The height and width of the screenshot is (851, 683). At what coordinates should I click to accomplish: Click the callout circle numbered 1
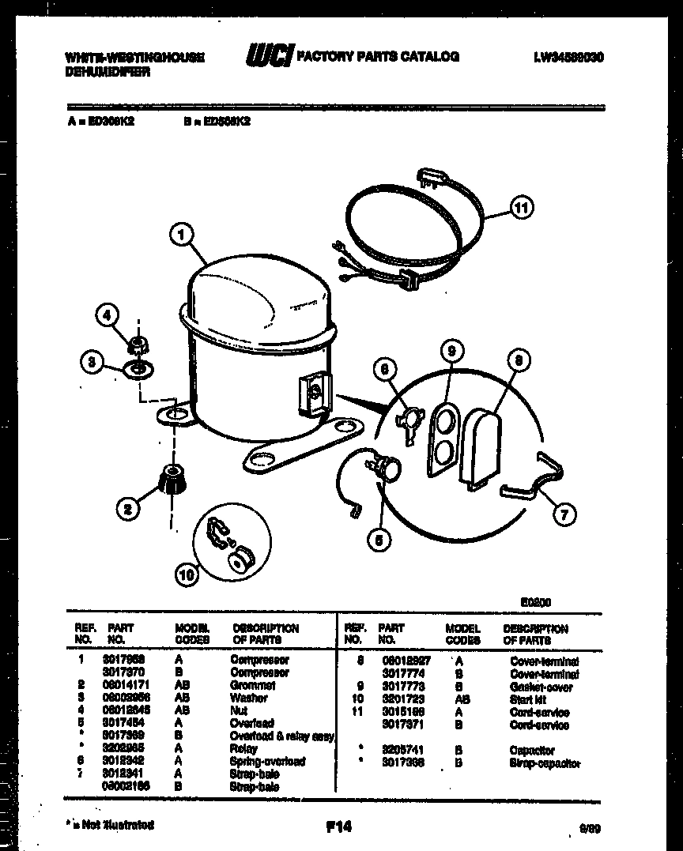[x=182, y=234]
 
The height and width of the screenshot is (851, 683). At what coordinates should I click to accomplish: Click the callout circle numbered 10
[x=188, y=576]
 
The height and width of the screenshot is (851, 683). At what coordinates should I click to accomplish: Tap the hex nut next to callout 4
[x=140, y=344]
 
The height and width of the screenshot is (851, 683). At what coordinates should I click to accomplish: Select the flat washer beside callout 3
[x=139, y=369]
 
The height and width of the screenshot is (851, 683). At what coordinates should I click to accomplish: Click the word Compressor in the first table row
[x=259, y=659]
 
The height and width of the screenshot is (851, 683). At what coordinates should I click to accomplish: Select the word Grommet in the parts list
[x=253, y=685]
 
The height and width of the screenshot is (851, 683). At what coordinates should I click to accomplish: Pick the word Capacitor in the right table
[x=533, y=750]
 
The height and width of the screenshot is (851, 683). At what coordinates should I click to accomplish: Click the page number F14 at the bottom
[x=338, y=827]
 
